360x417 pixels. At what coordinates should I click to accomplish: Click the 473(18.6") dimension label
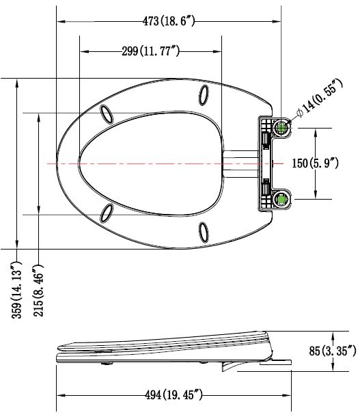point(169,21)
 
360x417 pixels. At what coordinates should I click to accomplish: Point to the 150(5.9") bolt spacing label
point(323,164)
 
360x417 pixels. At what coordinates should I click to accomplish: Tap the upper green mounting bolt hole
point(281,127)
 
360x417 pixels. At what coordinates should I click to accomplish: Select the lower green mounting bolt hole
point(281,200)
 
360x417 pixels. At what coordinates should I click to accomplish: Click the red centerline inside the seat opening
point(150,163)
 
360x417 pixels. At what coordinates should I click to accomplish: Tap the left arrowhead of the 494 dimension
point(59,395)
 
